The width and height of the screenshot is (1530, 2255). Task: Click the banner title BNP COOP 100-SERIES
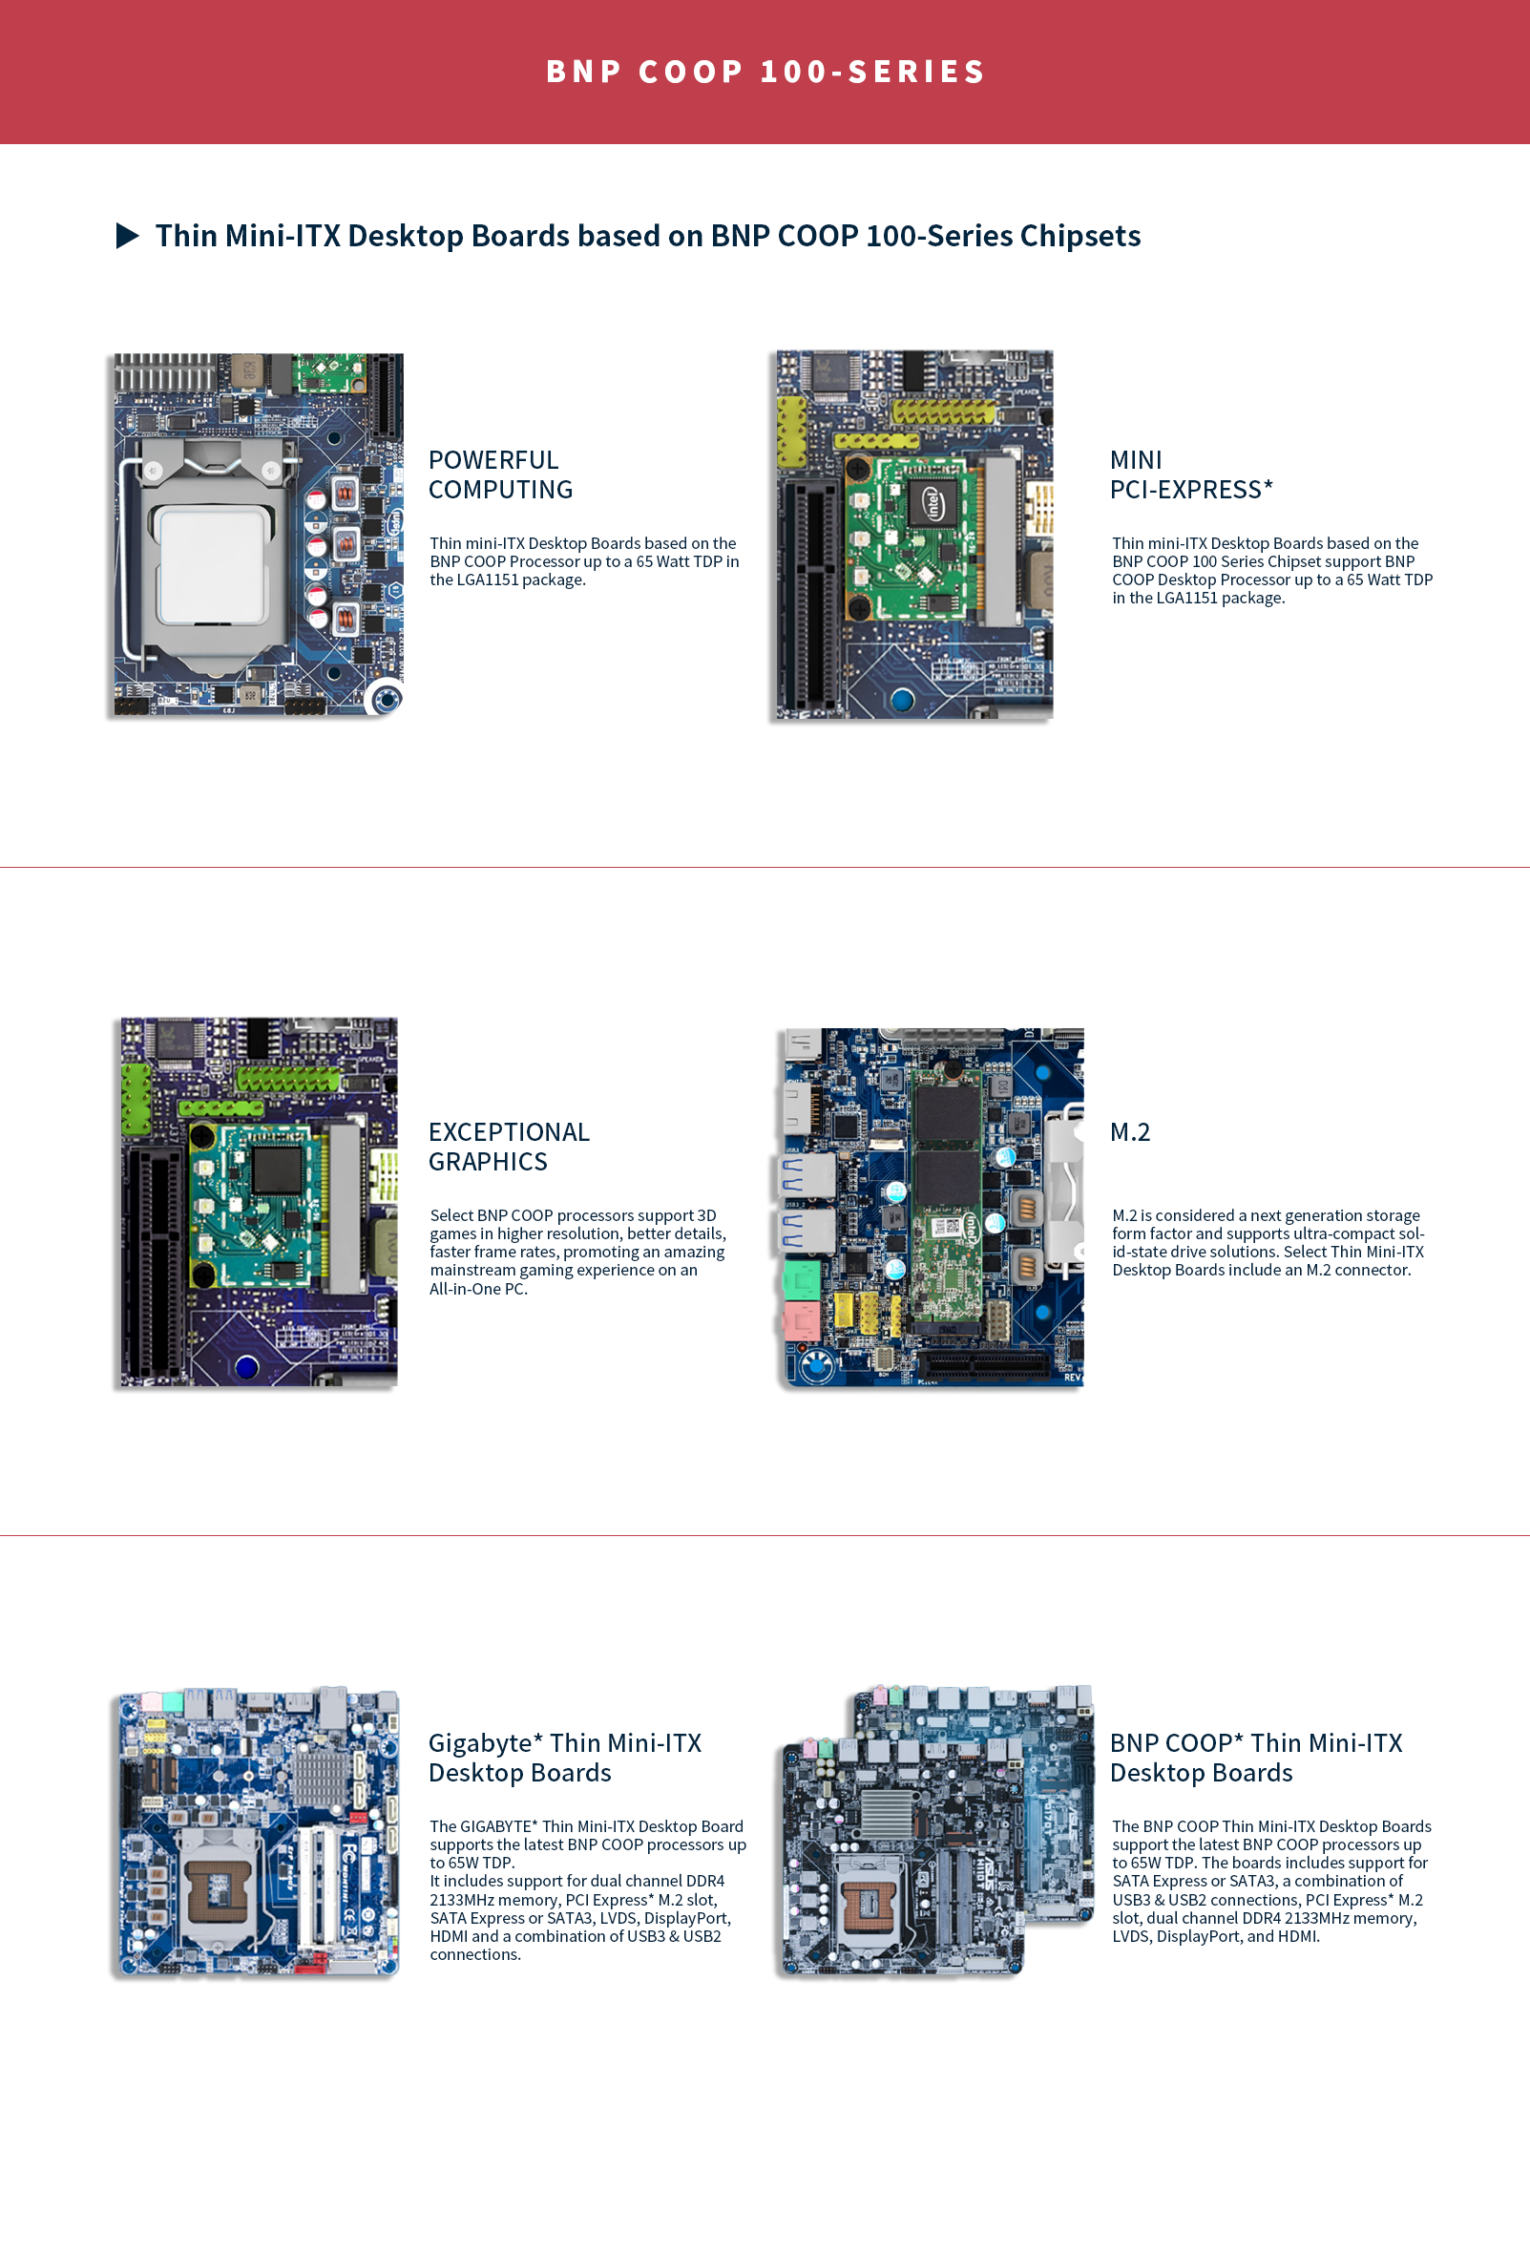[x=765, y=72]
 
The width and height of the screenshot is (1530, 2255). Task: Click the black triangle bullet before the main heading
[x=127, y=236]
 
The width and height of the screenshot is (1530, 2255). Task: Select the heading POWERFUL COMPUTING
[x=501, y=474]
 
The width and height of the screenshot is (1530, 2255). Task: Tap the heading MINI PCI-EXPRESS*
[x=1190, y=474]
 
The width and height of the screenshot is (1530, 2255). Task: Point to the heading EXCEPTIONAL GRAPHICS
[x=509, y=1147]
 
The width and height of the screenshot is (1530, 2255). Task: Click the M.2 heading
[x=1129, y=1132]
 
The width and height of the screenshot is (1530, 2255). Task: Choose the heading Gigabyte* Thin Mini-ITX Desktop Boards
[x=565, y=1758]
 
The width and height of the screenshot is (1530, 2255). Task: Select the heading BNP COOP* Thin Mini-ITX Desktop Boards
[x=1255, y=1758]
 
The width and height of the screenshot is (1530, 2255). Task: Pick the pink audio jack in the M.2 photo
[x=802, y=1319]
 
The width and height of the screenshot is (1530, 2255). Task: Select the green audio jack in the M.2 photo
[x=802, y=1279]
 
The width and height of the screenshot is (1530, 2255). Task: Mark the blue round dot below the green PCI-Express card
[x=901, y=699]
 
